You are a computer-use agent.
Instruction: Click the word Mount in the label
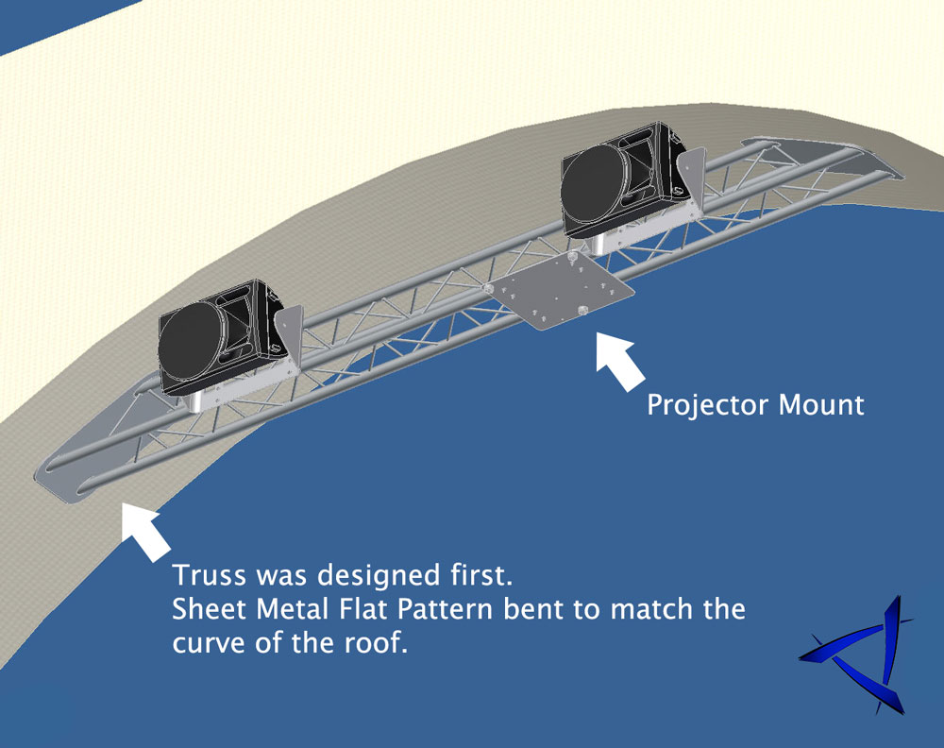click(820, 406)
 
